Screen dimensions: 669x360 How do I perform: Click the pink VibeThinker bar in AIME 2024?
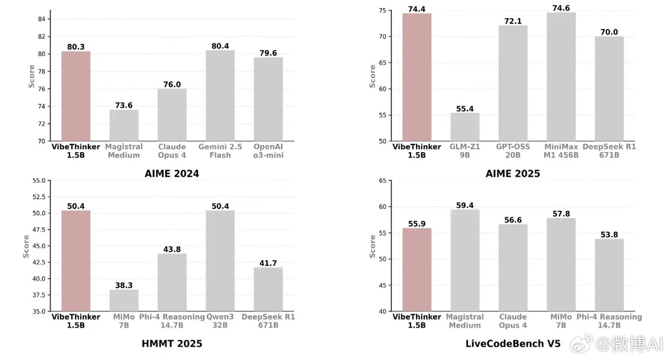point(76,96)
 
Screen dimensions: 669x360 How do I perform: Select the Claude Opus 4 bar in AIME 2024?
point(172,115)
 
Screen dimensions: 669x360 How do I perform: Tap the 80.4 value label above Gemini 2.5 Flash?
point(220,46)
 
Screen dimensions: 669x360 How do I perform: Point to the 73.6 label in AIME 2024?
point(124,105)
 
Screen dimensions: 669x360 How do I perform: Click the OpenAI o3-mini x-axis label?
point(268,151)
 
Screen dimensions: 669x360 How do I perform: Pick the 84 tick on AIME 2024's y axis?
point(41,19)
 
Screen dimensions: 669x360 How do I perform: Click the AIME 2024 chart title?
point(172,174)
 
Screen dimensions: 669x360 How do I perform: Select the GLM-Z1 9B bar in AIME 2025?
point(465,127)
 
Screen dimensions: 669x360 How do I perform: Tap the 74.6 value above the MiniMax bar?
point(561,8)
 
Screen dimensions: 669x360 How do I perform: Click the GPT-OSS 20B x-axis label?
point(513,151)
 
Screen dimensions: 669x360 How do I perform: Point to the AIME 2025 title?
point(513,174)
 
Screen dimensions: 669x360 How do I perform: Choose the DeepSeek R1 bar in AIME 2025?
point(609,89)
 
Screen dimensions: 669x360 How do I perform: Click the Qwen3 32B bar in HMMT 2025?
point(220,261)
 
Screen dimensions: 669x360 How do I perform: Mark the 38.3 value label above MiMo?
point(124,285)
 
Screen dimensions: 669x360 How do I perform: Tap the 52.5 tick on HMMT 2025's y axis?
point(39,197)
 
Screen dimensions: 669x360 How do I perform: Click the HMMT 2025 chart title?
point(172,344)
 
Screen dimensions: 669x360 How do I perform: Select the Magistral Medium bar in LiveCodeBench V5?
point(465,261)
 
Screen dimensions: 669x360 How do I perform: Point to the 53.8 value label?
point(609,235)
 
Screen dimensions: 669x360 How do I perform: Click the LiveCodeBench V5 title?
point(513,344)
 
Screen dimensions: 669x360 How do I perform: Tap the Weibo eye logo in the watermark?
point(581,344)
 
